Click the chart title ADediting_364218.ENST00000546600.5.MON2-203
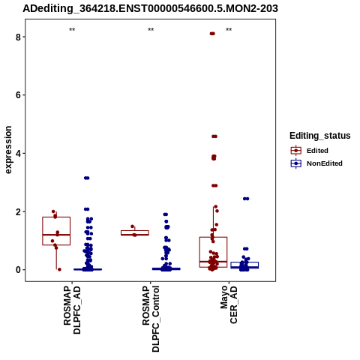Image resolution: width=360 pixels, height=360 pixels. [x=150, y=8]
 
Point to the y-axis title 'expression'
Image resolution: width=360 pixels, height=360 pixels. [x=8, y=150]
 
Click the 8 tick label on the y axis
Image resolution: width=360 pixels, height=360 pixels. [x=18, y=37]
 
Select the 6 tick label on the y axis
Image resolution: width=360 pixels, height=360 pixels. [x=18, y=95]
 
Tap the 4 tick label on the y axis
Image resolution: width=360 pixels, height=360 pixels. [x=18, y=154]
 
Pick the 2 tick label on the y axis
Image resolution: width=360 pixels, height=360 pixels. [x=18, y=211]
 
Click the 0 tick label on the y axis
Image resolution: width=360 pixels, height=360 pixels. [x=18, y=270]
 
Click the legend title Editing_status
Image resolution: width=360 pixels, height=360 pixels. [x=319, y=136]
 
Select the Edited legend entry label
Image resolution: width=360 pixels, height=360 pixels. [x=317, y=151]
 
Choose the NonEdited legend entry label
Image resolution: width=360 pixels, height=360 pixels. [x=325, y=163]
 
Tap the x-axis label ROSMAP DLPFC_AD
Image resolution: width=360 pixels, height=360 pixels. [x=72, y=310]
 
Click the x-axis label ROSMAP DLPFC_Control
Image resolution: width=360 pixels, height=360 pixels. [x=151, y=319]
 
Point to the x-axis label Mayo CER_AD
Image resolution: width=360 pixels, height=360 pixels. [x=229, y=304]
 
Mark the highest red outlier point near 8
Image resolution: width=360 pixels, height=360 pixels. [x=212, y=34]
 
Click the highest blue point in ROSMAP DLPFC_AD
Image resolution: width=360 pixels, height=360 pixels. [x=87, y=178]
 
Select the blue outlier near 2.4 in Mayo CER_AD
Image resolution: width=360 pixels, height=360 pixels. [x=246, y=199]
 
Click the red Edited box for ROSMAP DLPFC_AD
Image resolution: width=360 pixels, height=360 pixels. [x=56, y=217]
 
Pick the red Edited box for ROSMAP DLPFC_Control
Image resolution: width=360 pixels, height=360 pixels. [x=135, y=230]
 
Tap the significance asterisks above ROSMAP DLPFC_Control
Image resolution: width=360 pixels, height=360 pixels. [x=151, y=30]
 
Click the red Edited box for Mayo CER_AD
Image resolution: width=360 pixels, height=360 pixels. [x=213, y=237]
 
